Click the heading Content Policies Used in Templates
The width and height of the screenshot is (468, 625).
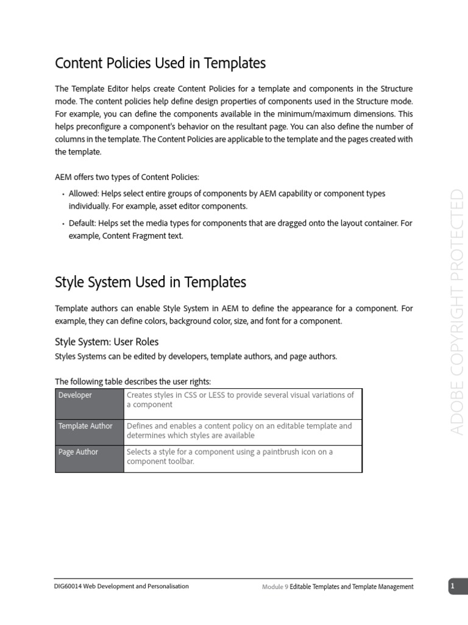[x=160, y=63]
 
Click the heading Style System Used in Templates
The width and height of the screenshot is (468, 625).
[x=151, y=282]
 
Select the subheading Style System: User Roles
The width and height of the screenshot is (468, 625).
[x=107, y=341]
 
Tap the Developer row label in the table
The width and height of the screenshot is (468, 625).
[x=76, y=396]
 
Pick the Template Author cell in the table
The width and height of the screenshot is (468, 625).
[x=85, y=426]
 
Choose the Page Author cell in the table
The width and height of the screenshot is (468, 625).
[x=78, y=452]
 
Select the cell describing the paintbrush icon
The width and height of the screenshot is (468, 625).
[x=230, y=457]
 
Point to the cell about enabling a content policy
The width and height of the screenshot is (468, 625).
[x=239, y=430]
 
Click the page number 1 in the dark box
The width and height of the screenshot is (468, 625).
[x=453, y=587]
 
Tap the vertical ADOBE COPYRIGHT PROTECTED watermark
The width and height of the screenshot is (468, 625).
[x=457, y=312]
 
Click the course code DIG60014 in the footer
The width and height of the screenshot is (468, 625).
[x=69, y=586]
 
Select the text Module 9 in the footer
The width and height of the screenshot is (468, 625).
[x=275, y=587]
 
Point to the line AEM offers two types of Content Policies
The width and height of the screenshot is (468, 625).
[x=127, y=177]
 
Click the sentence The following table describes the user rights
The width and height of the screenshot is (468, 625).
[x=133, y=381]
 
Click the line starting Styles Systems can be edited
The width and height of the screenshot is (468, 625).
[x=196, y=356]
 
